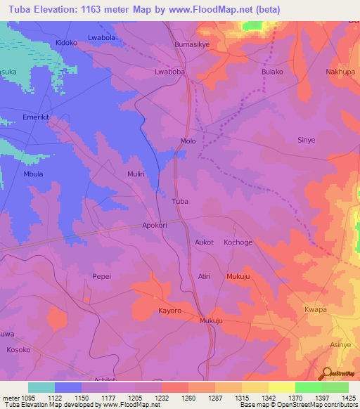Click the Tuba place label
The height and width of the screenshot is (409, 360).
click(180, 201)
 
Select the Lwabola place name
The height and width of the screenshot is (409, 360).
click(101, 37)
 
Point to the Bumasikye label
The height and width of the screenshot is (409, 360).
click(193, 44)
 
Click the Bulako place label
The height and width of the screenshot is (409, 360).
click(272, 72)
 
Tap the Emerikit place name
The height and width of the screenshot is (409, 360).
click(37, 117)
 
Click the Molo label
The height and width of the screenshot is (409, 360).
click(188, 141)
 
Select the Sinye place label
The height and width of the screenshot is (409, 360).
click(307, 141)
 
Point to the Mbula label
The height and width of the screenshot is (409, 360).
click(34, 174)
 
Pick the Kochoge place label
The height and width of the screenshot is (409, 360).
click(238, 242)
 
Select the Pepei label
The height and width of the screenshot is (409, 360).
click(103, 277)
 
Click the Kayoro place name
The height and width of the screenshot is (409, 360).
click(169, 310)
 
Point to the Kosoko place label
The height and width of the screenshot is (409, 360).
click(18, 349)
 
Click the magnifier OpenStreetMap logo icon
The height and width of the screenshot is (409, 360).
click(326, 374)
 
